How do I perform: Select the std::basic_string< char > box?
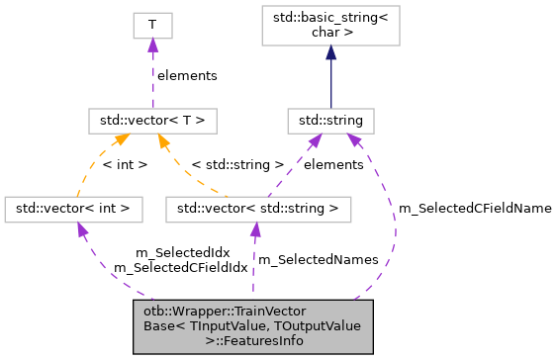[x=330, y=25]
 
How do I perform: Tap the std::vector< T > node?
[x=151, y=121]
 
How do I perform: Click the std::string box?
[x=330, y=121]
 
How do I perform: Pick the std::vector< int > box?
[x=74, y=209]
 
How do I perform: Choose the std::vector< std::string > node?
[x=257, y=209]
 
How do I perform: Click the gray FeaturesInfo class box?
[x=253, y=324]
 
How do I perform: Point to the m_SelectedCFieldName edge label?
[x=474, y=209]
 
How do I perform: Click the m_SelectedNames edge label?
[x=318, y=259]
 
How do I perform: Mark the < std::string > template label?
[x=237, y=165]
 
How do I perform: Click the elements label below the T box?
[x=187, y=74]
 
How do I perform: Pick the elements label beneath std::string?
[x=333, y=165]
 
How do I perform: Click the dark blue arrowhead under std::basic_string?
[x=330, y=51]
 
